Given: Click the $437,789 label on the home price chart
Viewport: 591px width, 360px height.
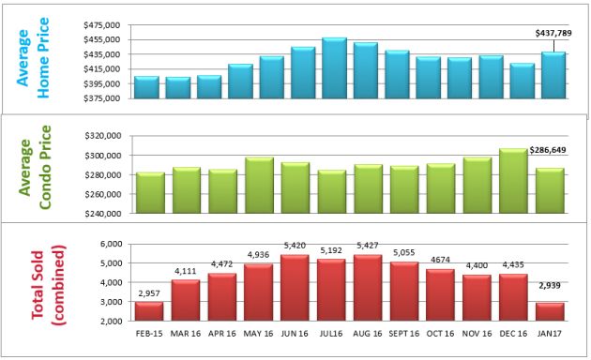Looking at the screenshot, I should [x=551, y=33].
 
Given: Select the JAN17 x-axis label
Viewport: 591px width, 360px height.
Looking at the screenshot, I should [x=551, y=334].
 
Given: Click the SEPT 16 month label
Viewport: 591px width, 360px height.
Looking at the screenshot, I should [x=403, y=334].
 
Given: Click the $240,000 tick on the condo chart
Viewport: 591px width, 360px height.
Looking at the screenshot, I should [x=103, y=214].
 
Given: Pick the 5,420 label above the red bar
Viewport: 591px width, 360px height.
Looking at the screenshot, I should [x=294, y=246].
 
